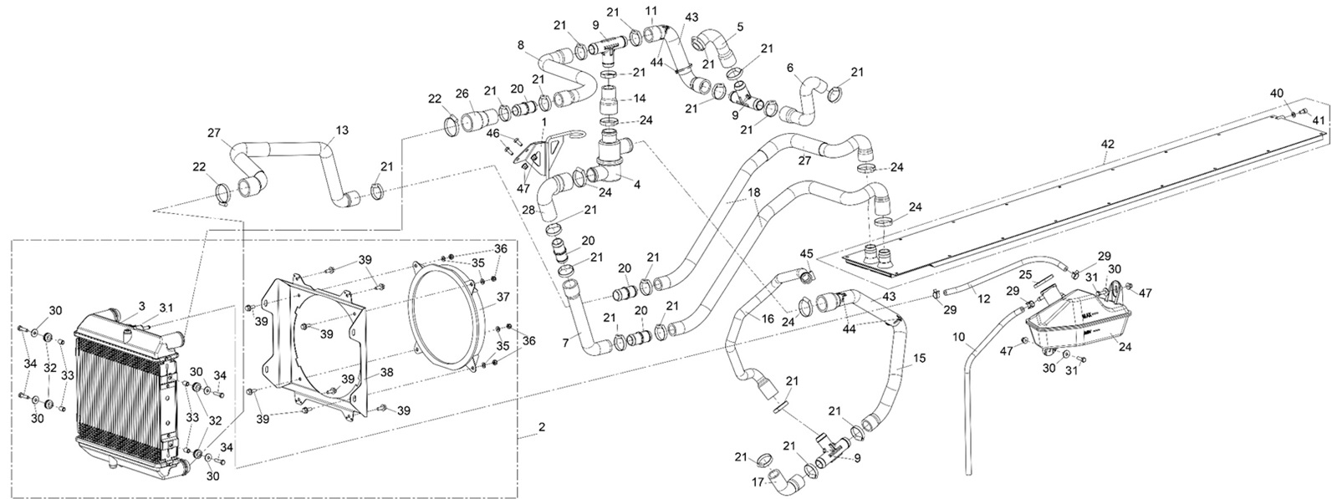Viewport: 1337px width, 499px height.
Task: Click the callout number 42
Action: click(1107, 144)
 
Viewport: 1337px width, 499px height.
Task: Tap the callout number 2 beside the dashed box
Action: click(542, 427)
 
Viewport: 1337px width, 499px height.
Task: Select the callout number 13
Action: click(342, 130)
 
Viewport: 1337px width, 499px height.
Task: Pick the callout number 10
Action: click(959, 337)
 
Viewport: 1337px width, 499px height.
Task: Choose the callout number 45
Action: click(806, 253)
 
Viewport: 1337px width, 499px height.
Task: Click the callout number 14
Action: click(640, 98)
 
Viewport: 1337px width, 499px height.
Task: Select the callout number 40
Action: click(1276, 92)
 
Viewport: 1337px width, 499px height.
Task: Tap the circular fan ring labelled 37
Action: click(452, 313)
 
